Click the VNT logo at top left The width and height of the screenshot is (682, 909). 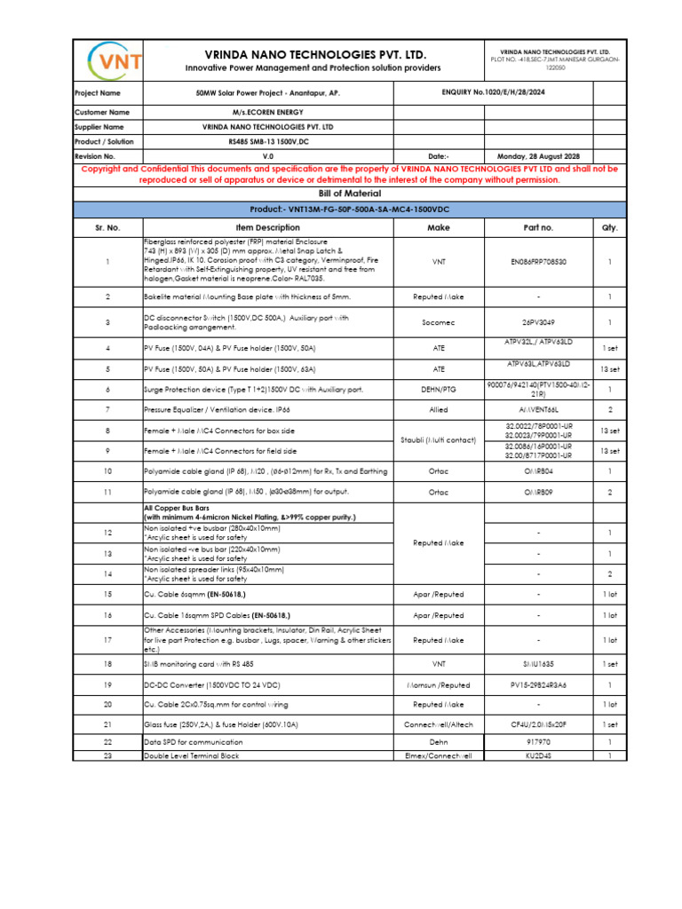click(107, 60)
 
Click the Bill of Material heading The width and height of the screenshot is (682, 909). click(343, 193)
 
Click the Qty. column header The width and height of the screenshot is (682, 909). click(609, 227)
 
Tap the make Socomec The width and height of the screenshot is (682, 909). click(438, 322)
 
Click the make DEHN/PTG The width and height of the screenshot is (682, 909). click(438, 389)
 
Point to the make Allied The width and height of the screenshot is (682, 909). click(438, 410)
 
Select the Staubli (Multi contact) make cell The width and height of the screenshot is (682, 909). click(438, 440)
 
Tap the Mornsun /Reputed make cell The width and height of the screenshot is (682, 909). click(438, 685)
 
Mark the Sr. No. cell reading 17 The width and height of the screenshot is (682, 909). click(107, 639)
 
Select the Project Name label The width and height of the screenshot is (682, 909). click(98, 92)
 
